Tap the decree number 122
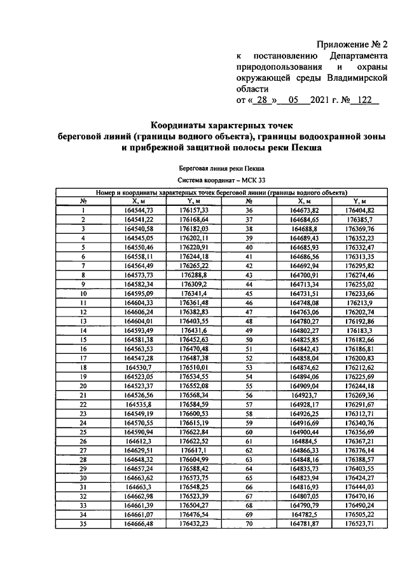[364, 100]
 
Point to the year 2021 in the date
[323, 100]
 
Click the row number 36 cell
[249, 210]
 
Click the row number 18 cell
[83, 367]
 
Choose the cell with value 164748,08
[303, 302]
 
